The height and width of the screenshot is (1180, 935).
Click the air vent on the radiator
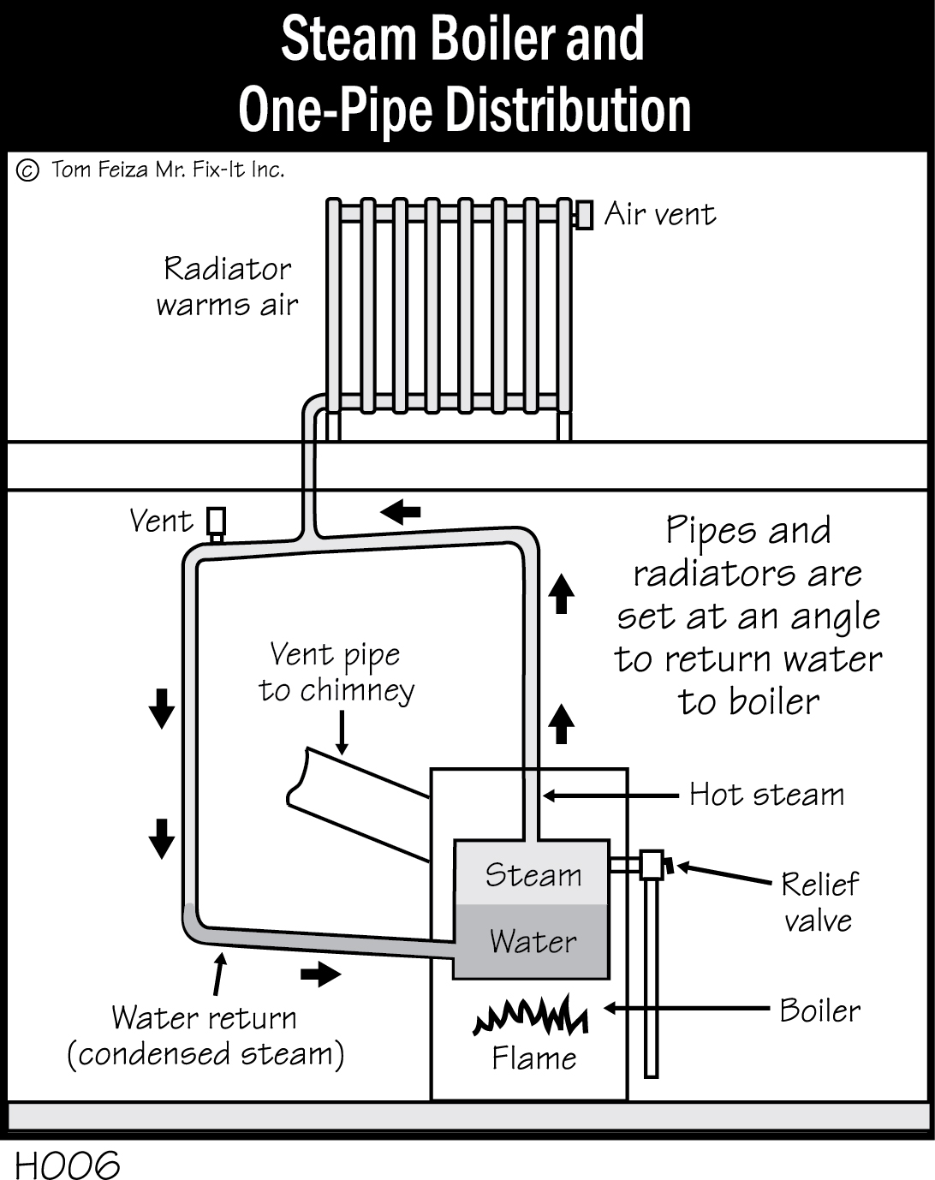(584, 214)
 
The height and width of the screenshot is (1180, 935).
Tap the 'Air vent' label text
(659, 214)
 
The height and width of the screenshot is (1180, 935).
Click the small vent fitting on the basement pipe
(217, 521)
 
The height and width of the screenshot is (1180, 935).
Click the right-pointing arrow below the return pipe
(320, 974)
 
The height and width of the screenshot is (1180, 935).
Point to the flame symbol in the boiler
(531, 1016)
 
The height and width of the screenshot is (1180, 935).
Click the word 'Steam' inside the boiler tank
(533, 875)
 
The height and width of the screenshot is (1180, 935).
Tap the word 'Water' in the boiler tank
(533, 942)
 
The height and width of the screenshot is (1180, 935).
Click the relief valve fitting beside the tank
(652, 864)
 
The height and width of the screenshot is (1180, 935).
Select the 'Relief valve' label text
(819, 902)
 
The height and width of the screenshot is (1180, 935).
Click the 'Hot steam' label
(766, 795)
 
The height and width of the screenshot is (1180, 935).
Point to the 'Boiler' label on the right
(819, 1010)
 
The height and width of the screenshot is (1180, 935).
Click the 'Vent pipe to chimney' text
(336, 672)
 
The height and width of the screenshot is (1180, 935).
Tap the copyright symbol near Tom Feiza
(27, 170)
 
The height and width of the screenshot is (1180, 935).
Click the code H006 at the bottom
(67, 1164)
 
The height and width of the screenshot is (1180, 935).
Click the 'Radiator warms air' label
(227, 287)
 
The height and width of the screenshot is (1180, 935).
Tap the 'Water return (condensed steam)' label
(205, 1036)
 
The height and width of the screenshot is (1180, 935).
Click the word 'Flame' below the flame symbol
(533, 1058)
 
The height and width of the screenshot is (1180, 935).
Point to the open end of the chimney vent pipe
(296, 779)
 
